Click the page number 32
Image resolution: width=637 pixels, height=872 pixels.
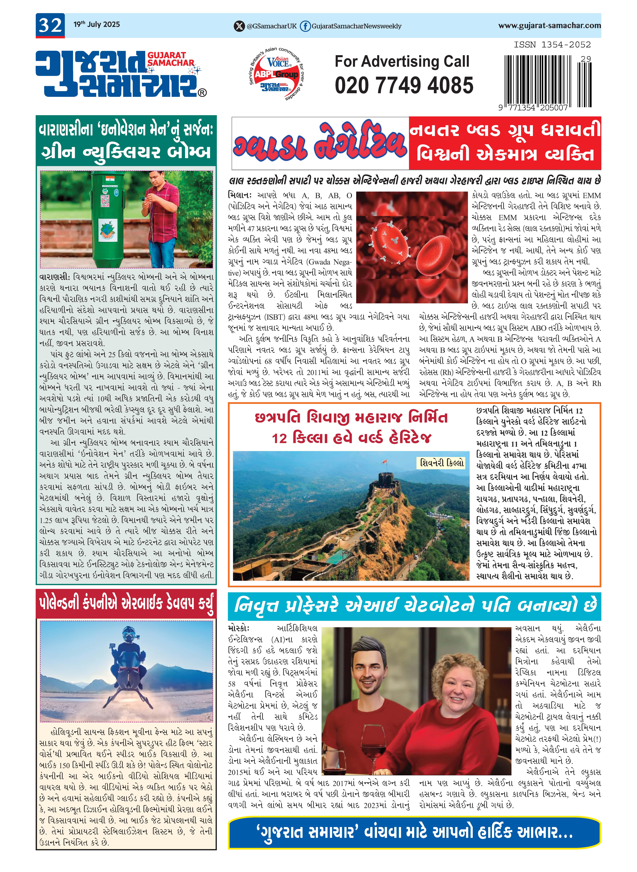point(50,25)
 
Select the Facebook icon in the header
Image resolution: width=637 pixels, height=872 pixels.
point(305,26)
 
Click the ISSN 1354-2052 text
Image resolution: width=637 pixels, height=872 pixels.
point(552,45)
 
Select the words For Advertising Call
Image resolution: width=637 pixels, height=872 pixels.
point(402,61)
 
